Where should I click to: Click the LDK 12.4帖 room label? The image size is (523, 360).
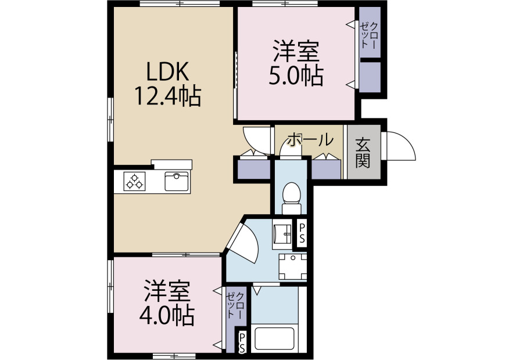(168, 84)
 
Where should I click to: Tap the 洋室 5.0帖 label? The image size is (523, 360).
(296, 63)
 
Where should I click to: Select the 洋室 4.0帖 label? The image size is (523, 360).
(167, 304)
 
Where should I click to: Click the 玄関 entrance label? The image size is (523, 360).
(363, 152)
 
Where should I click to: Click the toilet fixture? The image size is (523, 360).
(291, 199)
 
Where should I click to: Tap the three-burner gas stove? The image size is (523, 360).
(134, 181)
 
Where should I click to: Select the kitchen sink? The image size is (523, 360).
(177, 181)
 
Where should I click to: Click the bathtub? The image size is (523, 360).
(274, 339)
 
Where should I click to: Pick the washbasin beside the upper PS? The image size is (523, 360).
(282, 234)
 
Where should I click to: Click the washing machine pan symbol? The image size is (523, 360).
(292, 267)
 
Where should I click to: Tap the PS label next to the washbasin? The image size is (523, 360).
(302, 233)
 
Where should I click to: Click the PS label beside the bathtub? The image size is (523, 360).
(242, 343)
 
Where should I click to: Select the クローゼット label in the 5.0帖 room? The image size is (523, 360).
(370, 35)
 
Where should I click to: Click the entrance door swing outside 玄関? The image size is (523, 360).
(400, 146)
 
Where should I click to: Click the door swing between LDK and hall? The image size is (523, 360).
(257, 141)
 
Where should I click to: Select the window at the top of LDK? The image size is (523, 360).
(180, 3)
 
